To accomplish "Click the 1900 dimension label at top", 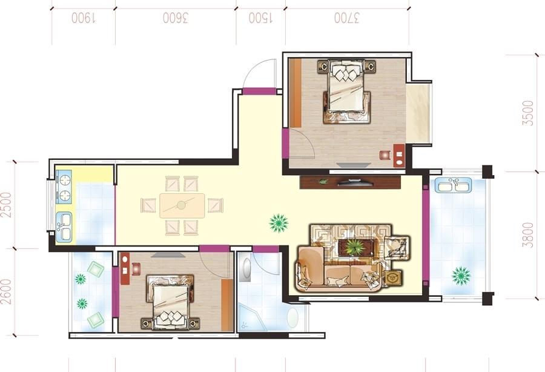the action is pos(84,18).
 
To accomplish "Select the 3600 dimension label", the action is pos(176,18).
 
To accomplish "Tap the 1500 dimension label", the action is pos(260,18).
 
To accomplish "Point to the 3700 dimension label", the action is pos(346,18).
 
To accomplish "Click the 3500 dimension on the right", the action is pos(527,113).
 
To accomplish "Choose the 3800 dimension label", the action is pos(527,234).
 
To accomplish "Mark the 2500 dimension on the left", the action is pos(6,205).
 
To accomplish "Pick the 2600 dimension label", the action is pos(6,291).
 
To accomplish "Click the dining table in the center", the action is pos(182,205).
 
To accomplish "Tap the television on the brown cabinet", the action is pos(354,182).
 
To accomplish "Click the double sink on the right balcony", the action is pos(454,185).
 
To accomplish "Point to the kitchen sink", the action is pos(64,227).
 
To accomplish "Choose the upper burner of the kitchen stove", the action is pos(65,181).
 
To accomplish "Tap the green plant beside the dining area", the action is pos(279,223).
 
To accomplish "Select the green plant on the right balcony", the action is pos(461,276).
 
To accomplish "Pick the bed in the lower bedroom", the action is pos(170,302).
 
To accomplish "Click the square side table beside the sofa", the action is pos(394,277).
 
